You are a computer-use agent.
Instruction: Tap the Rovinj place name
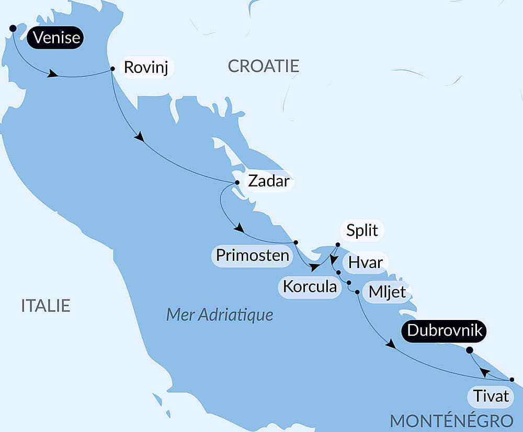[146, 68]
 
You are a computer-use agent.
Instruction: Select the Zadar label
[267, 181]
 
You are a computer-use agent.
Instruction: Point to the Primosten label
[253, 255]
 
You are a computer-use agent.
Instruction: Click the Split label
[362, 230]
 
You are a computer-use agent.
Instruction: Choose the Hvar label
[366, 262]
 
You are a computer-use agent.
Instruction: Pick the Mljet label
[387, 292]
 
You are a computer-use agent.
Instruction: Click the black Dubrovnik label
[446, 331]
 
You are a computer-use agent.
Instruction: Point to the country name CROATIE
[264, 66]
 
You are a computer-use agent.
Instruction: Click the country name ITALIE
[46, 305]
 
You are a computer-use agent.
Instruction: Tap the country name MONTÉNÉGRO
[451, 420]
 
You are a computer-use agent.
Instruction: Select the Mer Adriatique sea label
[220, 315]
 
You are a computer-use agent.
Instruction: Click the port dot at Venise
[13, 28]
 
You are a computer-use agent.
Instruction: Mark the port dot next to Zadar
[237, 182]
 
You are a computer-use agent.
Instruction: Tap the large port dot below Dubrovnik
[469, 350]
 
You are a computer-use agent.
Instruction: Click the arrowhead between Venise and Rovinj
[52, 74]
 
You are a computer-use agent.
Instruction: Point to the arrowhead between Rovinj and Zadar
[139, 138]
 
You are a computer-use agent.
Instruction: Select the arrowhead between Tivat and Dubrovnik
[485, 372]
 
